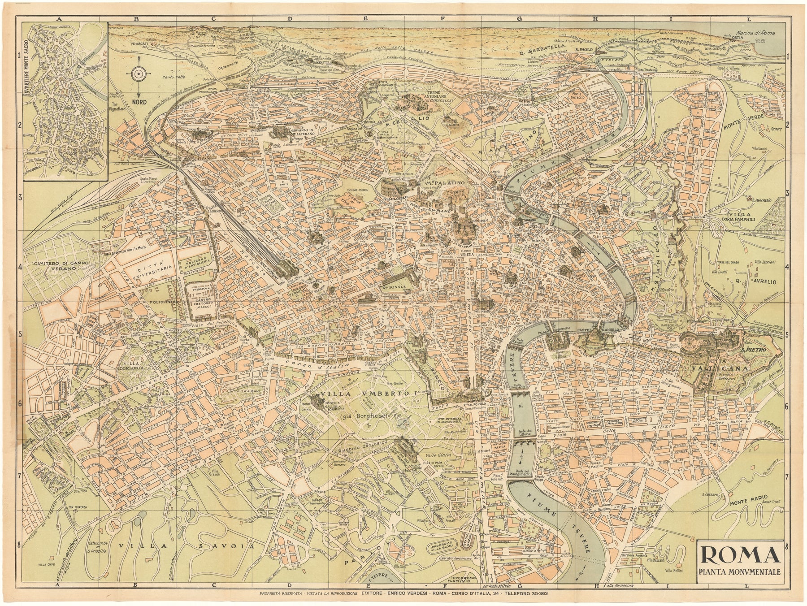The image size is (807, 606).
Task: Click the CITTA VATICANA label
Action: point(722,364)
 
